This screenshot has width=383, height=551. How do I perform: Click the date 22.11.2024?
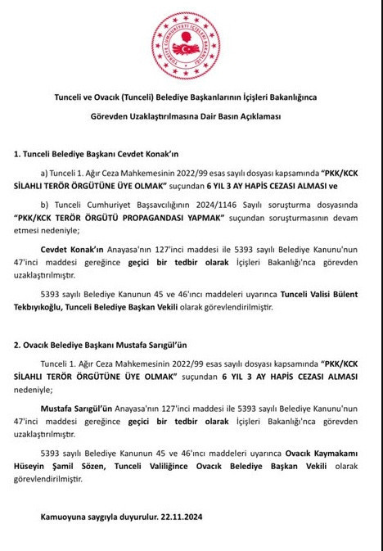coord(178,517)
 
